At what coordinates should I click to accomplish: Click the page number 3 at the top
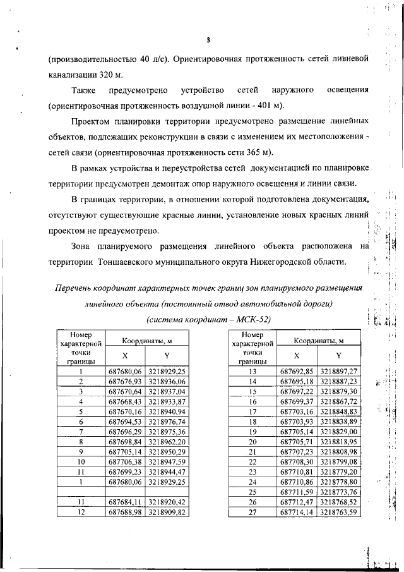pos(208,42)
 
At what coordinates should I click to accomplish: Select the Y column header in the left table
pos(167,355)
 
